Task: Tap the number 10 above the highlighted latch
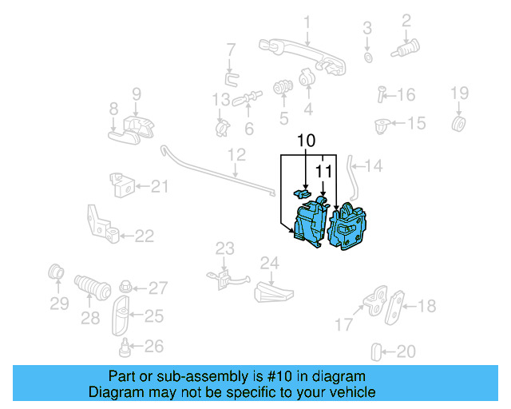[304, 141]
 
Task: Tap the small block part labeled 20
[378, 350]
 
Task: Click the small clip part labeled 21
[121, 185]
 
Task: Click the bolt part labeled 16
[382, 96]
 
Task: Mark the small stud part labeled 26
[125, 346]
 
